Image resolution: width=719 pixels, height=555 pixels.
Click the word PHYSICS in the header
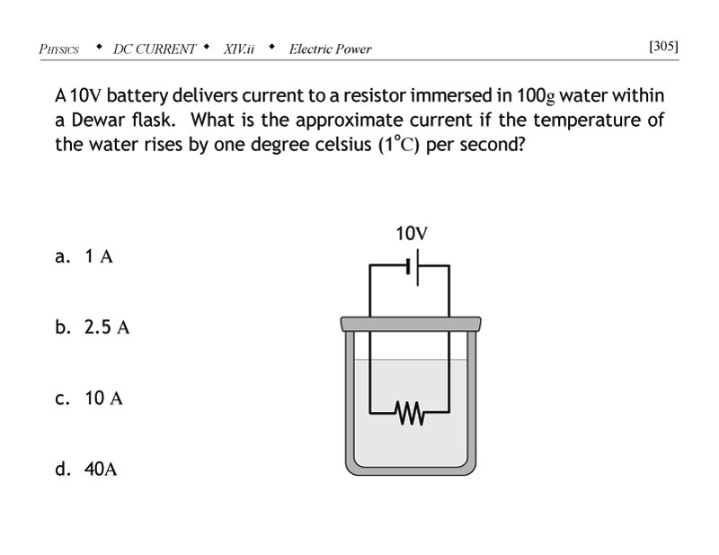pos(59,49)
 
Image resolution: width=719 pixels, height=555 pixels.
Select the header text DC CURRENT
pos(155,49)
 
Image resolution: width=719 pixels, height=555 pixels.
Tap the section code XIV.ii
pos(239,49)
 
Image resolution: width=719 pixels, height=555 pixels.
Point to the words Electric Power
pos(330,49)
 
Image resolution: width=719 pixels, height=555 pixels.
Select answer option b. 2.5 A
pos(93,327)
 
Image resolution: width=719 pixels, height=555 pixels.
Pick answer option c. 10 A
pos(89,398)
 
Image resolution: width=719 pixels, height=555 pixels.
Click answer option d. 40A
pos(86,469)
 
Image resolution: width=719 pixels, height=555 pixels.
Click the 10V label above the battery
pos(411,234)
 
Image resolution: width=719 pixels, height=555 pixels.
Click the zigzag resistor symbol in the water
pos(410,415)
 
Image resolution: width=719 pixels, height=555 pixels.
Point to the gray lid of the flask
pos(410,322)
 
